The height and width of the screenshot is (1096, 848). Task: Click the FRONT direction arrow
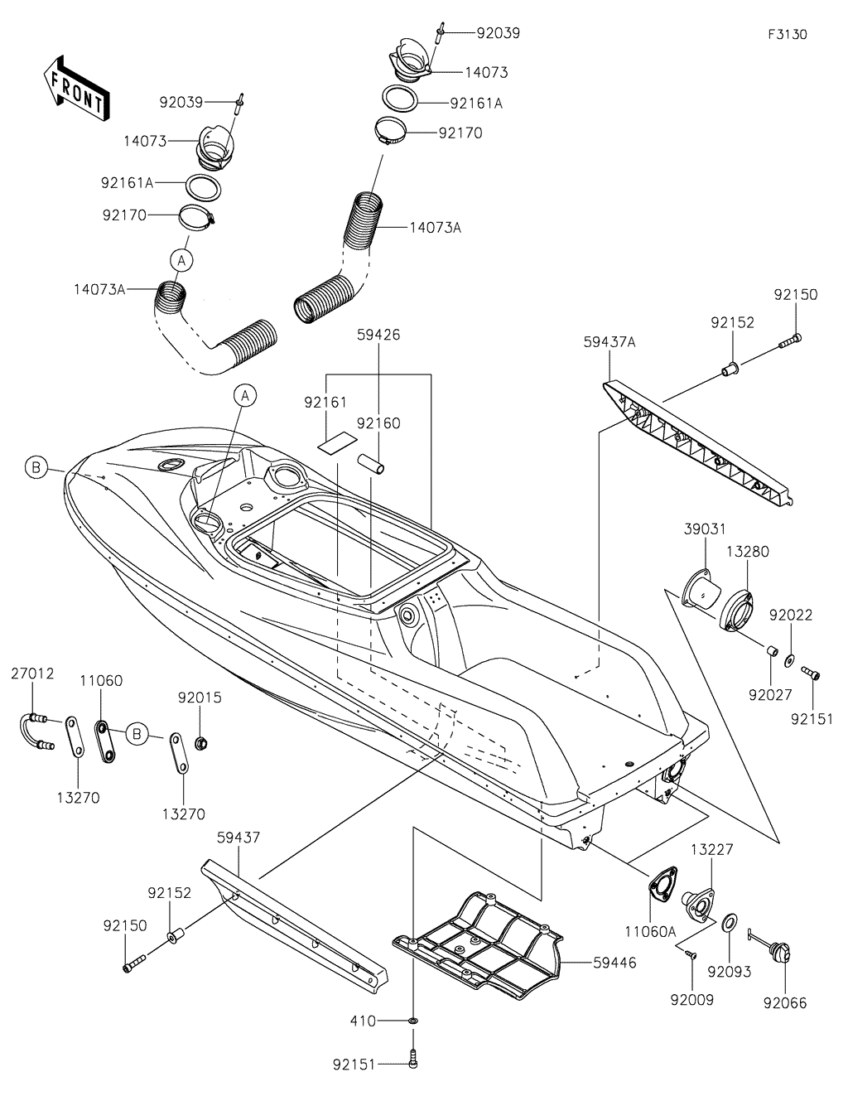[73, 87]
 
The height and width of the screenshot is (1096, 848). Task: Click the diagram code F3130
[786, 35]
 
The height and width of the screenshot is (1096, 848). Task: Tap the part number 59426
[378, 337]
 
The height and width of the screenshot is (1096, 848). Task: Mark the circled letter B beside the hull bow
[36, 468]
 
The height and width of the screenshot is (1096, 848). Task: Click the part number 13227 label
[711, 849]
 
